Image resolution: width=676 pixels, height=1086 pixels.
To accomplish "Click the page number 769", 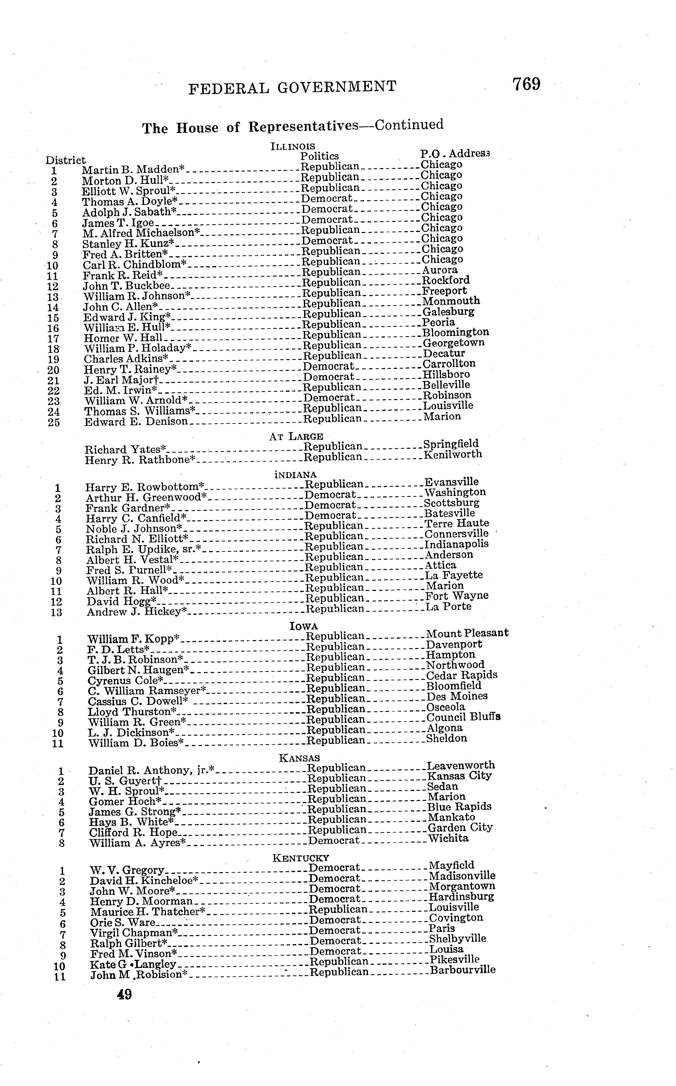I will (x=526, y=84).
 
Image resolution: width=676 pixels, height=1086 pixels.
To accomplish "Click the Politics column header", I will (x=319, y=156).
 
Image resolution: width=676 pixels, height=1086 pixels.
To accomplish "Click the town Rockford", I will (x=446, y=280).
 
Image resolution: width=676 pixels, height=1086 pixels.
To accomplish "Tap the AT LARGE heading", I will (x=296, y=436).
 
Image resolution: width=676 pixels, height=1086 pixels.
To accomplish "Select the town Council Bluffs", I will (x=463, y=717).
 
